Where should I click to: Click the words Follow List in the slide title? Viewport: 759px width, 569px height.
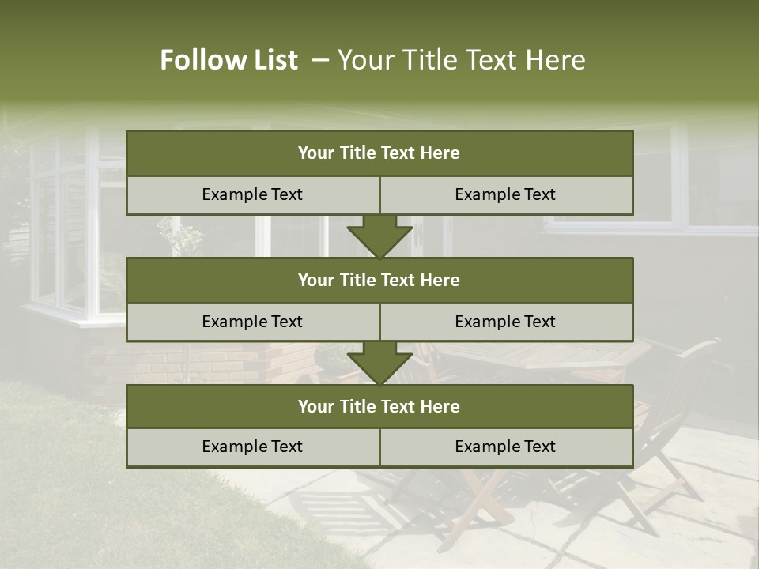[x=229, y=60]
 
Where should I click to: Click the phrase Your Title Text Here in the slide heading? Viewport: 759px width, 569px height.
[x=462, y=60]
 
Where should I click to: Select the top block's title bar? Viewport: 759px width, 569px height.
[x=379, y=153]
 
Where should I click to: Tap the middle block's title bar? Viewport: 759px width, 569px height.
[x=379, y=280]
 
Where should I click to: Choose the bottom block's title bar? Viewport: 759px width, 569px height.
[x=379, y=406]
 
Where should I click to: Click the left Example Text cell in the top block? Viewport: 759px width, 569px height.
[x=252, y=195]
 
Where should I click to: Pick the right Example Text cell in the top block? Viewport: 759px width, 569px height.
[x=506, y=195]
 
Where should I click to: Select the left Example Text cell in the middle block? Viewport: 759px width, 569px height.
[x=252, y=322]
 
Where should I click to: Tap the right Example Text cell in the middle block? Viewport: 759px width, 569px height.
[x=506, y=322]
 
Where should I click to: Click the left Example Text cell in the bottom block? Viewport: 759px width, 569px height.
[x=252, y=447]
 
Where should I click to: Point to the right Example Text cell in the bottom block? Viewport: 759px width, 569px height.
[x=506, y=447]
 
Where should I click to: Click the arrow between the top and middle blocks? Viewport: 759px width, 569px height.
[x=379, y=237]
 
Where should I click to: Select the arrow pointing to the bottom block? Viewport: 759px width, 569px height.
[x=379, y=364]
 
